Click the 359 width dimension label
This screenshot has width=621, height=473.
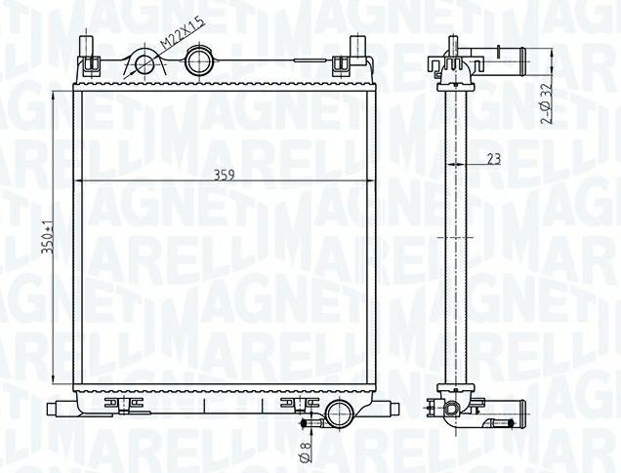pyautogui.click(x=225, y=175)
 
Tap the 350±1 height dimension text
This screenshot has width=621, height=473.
pyautogui.click(x=49, y=237)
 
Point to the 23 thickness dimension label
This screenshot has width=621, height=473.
pyautogui.click(x=494, y=159)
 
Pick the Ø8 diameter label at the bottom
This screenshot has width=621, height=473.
pyautogui.click(x=307, y=452)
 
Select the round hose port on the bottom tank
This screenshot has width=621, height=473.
pyautogui.click(x=339, y=413)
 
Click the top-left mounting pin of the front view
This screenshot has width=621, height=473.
pyautogui.click(x=87, y=47)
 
